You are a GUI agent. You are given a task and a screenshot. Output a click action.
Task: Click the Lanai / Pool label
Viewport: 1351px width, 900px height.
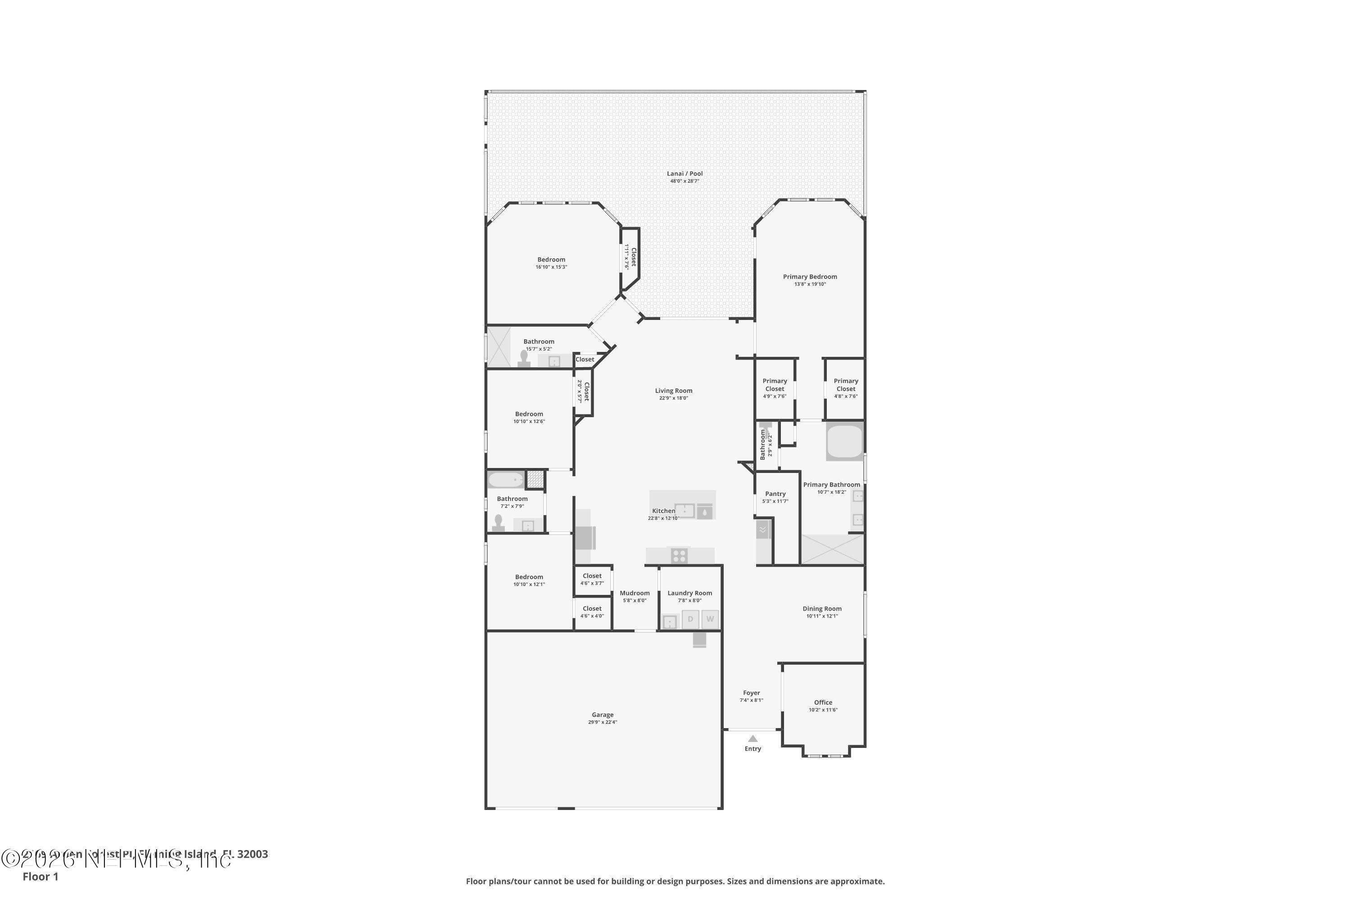tap(684, 173)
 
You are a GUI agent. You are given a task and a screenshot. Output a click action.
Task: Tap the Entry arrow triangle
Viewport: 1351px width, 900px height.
tap(753, 739)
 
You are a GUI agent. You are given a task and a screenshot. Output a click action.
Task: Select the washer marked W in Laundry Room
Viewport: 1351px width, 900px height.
tap(710, 619)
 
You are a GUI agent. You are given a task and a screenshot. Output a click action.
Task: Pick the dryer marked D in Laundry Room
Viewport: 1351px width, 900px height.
tap(690, 619)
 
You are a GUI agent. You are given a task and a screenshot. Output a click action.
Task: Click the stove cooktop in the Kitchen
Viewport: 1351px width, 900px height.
tap(679, 556)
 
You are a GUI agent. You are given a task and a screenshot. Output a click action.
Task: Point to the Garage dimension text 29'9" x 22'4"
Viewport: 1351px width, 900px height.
tap(602, 722)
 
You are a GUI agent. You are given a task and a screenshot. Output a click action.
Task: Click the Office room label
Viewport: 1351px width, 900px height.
tap(823, 702)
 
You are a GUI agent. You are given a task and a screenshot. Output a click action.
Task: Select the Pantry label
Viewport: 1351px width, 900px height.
tap(775, 494)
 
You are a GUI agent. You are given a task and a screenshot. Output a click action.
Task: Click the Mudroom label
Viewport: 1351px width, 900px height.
tap(634, 593)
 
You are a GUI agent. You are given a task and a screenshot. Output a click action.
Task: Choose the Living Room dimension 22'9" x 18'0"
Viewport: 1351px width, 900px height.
tap(673, 398)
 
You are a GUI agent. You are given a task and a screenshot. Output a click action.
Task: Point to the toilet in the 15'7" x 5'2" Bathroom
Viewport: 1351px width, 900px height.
tap(523, 358)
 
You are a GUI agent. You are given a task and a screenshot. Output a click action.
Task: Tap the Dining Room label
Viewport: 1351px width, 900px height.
tap(821, 608)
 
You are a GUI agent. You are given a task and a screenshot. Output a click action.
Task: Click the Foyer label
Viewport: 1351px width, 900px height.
tap(751, 693)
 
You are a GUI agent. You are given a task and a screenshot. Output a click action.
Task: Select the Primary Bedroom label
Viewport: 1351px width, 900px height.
tap(809, 277)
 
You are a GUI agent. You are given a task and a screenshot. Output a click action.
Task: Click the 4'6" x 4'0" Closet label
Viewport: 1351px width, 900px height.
tap(592, 608)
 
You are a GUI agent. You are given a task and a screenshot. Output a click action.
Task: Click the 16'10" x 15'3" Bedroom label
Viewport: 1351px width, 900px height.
tap(551, 260)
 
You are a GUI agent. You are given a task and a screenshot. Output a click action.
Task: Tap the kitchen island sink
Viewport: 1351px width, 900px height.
tap(684, 510)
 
